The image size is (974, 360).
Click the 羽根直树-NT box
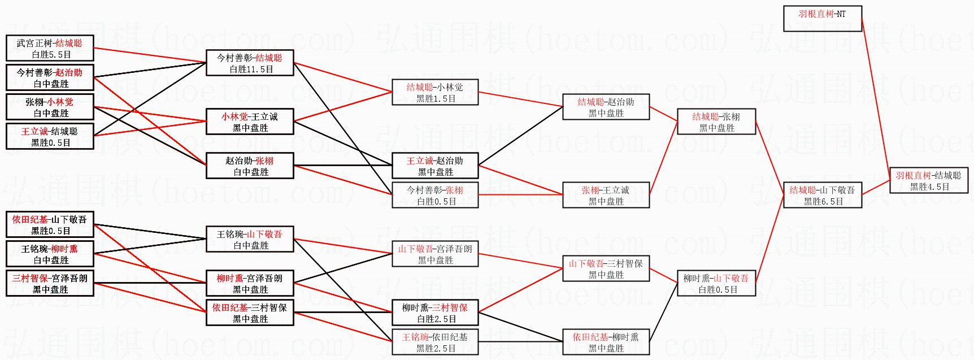(x=822, y=19)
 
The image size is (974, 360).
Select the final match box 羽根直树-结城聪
(x=928, y=180)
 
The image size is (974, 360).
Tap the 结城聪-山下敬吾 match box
(x=822, y=195)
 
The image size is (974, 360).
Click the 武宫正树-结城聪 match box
(x=50, y=48)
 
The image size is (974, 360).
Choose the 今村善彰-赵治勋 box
(x=50, y=77)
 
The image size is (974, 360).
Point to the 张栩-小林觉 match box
(x=50, y=107)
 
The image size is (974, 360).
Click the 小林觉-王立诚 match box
(x=250, y=122)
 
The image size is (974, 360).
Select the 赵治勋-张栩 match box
(x=250, y=166)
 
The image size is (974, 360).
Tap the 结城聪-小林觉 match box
(x=435, y=92)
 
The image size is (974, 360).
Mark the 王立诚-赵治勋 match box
(x=435, y=166)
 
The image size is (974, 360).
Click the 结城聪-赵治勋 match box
(x=606, y=107)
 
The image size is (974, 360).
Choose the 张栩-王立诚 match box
(x=606, y=195)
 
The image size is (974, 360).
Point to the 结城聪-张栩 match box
(x=716, y=122)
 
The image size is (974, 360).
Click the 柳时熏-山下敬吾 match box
(x=716, y=283)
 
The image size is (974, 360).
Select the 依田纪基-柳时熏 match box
(x=606, y=342)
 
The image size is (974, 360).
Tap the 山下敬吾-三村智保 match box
(x=606, y=268)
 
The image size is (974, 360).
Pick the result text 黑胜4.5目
(x=929, y=186)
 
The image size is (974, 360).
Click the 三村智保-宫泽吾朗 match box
(x=50, y=283)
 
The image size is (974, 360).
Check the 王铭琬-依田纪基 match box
(x=435, y=342)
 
